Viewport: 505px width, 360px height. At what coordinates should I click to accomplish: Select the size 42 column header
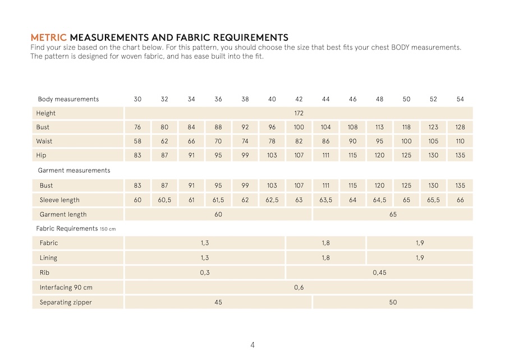point(299,99)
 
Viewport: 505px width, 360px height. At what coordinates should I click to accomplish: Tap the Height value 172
point(299,113)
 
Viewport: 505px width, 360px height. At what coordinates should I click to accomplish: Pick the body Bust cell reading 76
point(137,127)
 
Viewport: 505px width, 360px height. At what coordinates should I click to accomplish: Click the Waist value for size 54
point(460,141)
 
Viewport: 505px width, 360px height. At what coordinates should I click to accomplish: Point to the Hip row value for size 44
point(325,155)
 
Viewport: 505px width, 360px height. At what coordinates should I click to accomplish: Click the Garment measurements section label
point(74,170)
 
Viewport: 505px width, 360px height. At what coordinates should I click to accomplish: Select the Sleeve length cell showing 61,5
point(218,200)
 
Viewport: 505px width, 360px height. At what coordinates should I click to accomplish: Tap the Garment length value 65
point(393,214)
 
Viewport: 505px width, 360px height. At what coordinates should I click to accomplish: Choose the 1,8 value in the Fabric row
point(325,243)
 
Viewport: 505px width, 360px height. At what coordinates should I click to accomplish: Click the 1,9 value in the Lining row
point(420,258)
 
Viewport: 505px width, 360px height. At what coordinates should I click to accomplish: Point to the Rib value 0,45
point(379,273)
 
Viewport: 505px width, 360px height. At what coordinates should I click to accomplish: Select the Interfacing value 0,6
point(299,288)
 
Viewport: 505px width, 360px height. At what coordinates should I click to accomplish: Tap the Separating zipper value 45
point(218,302)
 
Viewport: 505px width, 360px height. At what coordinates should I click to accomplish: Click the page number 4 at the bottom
point(252,345)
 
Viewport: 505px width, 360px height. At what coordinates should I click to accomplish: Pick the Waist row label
point(44,141)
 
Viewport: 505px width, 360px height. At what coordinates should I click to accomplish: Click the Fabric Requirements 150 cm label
point(76,229)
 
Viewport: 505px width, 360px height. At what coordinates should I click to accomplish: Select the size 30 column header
point(137,99)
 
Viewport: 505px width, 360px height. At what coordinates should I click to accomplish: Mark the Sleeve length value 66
point(460,200)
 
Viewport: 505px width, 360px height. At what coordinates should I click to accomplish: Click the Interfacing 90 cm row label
point(66,288)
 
